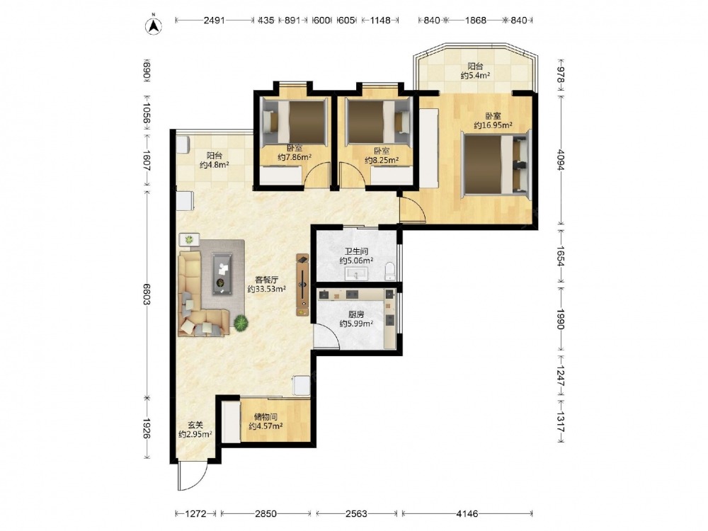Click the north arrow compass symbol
(154, 25)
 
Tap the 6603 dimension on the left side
(147, 295)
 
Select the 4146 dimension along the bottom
(467, 513)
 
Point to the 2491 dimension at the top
(214, 21)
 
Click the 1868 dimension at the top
(476, 21)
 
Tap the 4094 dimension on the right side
(560, 160)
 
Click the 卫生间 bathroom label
(356, 251)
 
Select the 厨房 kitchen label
(356, 314)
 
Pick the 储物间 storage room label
(265, 417)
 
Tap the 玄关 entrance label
(195, 425)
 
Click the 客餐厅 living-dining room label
(266, 280)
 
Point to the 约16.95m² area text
(493, 125)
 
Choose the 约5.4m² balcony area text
(476, 76)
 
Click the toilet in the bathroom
(390, 271)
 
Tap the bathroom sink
(357, 273)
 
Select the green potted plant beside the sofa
(241, 323)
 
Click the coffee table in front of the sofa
(222, 273)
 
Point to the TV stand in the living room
(302, 285)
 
